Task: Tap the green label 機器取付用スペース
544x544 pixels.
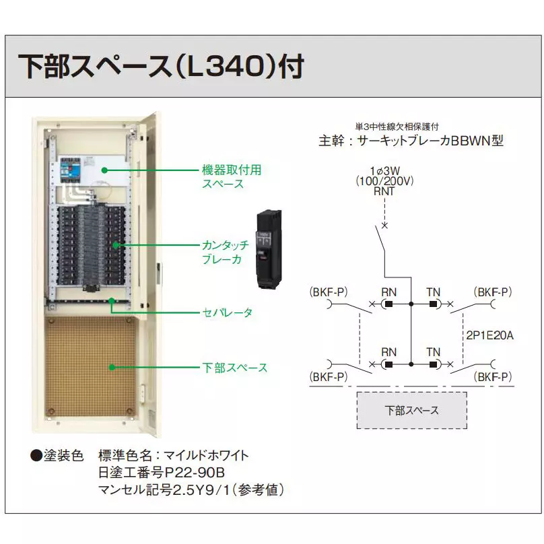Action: (x=231, y=176)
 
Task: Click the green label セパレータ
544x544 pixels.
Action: (x=228, y=313)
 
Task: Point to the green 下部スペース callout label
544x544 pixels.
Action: (x=234, y=368)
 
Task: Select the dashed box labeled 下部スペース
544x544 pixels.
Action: (x=411, y=410)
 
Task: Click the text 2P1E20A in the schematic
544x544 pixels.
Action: (x=489, y=335)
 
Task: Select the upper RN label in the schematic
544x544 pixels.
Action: (x=388, y=292)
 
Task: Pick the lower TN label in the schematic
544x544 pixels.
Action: (x=433, y=352)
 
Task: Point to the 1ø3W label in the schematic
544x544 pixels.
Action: (x=384, y=171)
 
